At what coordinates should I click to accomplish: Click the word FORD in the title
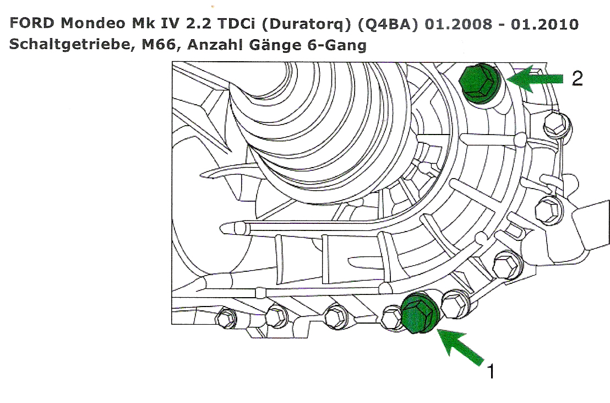(32, 23)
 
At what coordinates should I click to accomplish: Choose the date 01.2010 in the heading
(544, 24)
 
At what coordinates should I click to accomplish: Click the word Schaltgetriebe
(72, 45)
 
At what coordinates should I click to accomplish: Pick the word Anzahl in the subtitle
(214, 44)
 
